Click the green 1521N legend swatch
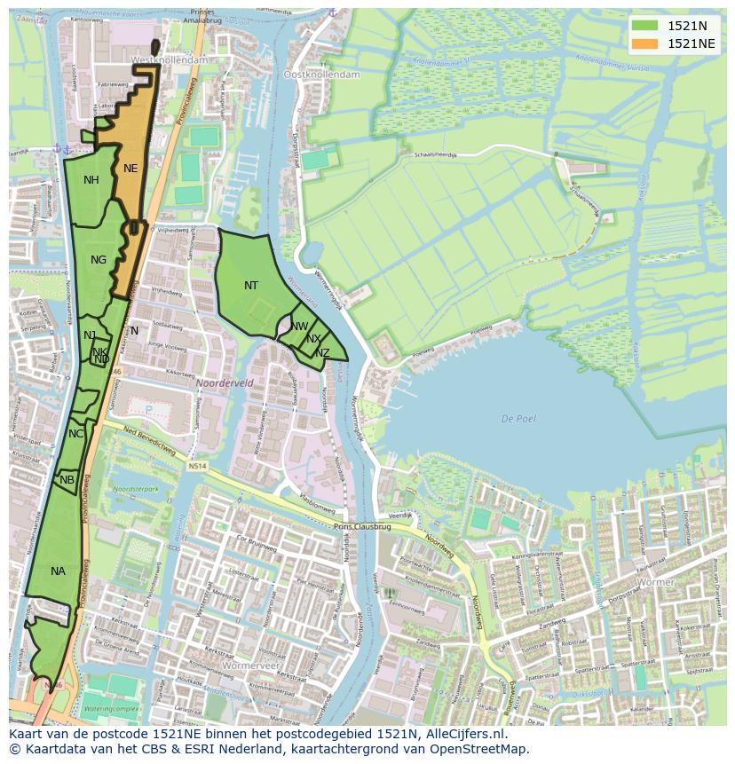point(645,25)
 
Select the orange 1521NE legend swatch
point(645,43)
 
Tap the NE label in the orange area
point(130,169)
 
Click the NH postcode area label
point(91,180)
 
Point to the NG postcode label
point(99,260)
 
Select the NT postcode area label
point(251,286)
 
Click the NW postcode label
point(299,327)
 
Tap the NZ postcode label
point(322,353)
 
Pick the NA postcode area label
point(58,571)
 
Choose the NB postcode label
point(67,480)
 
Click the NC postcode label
point(75,434)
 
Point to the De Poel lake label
point(518,419)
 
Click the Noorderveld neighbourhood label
point(225,383)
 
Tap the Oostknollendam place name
point(321,75)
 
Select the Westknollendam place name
point(169,59)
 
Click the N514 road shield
point(197,465)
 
